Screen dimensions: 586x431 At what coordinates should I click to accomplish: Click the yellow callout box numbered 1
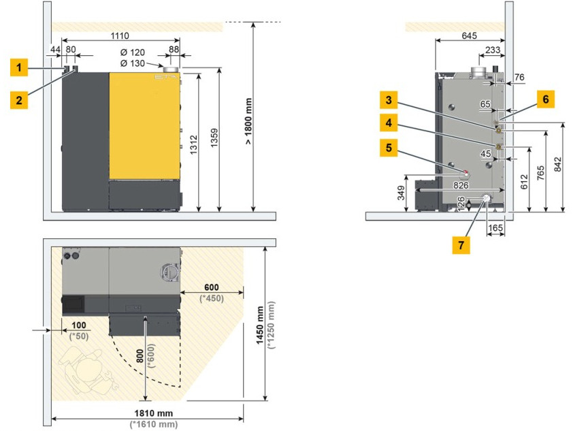[18, 67]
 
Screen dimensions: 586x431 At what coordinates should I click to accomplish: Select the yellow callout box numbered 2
[18, 100]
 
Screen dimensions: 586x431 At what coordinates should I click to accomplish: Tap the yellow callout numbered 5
[389, 147]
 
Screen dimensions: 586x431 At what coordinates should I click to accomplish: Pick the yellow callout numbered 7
[461, 245]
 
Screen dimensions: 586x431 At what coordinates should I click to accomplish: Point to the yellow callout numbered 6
[546, 99]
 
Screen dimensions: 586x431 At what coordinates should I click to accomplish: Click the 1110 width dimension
[120, 36]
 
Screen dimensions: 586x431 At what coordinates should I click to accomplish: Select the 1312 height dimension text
[193, 144]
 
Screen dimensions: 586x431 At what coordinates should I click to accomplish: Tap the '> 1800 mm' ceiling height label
[248, 121]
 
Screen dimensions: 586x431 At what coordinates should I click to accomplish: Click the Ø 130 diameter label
[132, 63]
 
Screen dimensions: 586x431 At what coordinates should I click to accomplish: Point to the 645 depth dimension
[469, 35]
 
